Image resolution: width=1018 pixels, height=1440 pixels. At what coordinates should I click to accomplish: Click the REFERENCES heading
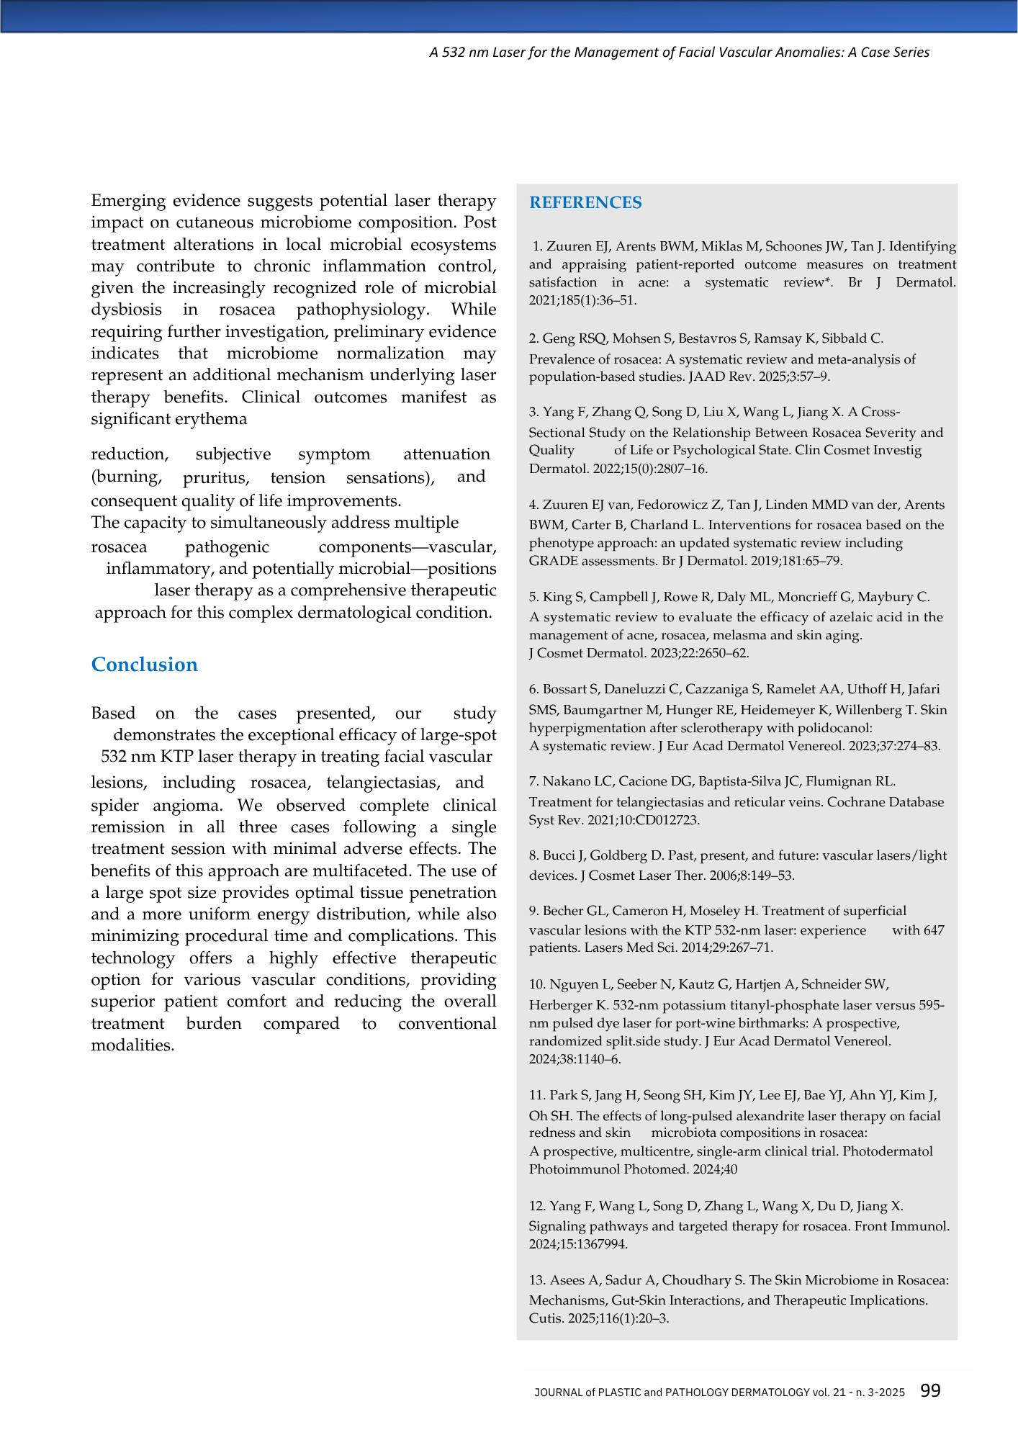[585, 203]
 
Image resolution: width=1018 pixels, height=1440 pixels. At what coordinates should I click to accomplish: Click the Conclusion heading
[144, 665]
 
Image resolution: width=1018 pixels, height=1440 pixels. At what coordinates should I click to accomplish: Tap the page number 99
[930, 1391]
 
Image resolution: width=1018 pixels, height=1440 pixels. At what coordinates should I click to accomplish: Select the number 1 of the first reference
[536, 246]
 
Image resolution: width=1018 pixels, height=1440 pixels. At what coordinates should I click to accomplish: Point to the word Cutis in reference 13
[543, 1319]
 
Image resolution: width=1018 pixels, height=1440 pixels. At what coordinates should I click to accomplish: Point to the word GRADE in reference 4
[551, 561]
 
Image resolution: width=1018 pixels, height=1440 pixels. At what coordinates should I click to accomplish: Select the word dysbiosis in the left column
[126, 310]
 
